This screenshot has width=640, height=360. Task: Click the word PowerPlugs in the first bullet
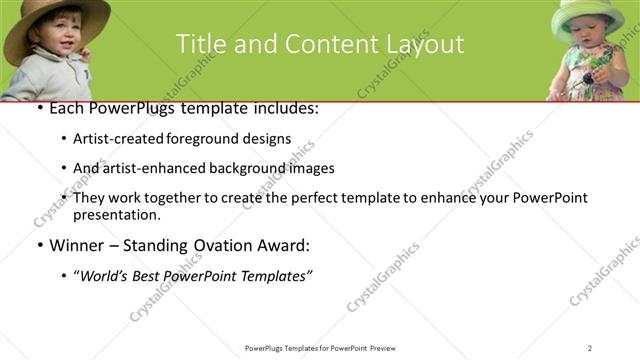(128, 107)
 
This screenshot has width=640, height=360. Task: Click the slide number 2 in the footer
(590, 348)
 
